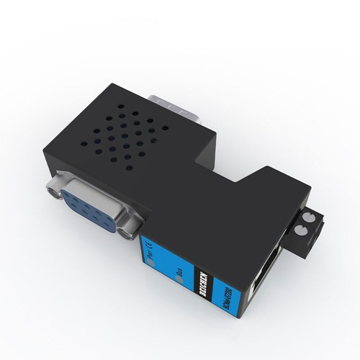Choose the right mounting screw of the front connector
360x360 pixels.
[x=130, y=229]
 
